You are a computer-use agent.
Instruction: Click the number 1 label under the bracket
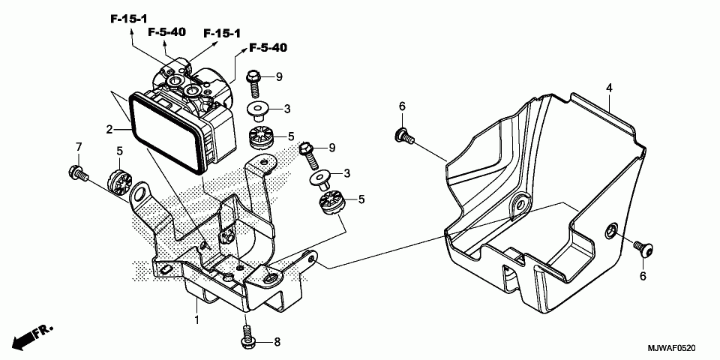(196, 320)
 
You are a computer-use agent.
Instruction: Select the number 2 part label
(109, 130)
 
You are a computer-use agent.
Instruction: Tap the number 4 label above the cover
(610, 88)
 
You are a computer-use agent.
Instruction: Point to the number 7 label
(78, 145)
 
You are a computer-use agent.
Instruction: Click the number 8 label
(276, 342)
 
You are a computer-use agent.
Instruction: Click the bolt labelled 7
(77, 173)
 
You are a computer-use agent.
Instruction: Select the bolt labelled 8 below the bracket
(247, 334)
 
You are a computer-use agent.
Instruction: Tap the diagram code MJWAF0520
(672, 349)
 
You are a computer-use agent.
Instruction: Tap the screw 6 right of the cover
(642, 247)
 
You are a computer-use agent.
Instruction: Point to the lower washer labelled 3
(322, 178)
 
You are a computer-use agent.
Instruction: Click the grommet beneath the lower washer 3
(330, 202)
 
